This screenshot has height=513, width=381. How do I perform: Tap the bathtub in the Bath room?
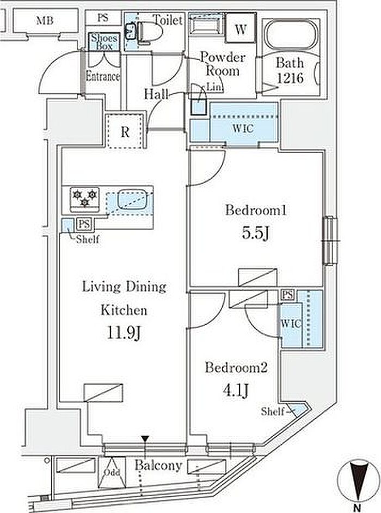pos(291,35)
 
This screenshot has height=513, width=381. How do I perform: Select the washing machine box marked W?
pos(241,29)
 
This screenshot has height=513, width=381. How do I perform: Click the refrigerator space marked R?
pos(125,131)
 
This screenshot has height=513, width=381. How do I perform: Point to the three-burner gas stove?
pos(84,198)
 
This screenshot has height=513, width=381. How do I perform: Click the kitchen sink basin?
pos(134,200)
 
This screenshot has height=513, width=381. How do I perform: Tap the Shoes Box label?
pos(104,42)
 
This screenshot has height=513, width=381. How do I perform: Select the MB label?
pos(45,21)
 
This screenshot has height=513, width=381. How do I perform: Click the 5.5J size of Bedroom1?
pos(255,233)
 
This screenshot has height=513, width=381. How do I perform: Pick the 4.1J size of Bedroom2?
pos(236,390)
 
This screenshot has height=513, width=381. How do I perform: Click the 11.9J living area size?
pos(124,333)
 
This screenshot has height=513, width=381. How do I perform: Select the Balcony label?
pos(158,465)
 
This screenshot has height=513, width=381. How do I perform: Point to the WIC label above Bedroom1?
pos(243,128)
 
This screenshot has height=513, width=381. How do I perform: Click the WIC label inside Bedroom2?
pos(291,324)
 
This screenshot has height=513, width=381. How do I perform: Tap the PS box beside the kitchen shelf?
pos(84,224)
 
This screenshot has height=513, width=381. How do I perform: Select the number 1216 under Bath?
pos(290,78)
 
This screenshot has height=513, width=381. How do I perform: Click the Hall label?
pos(157,94)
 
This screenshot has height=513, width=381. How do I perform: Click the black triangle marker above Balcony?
pos(145,439)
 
